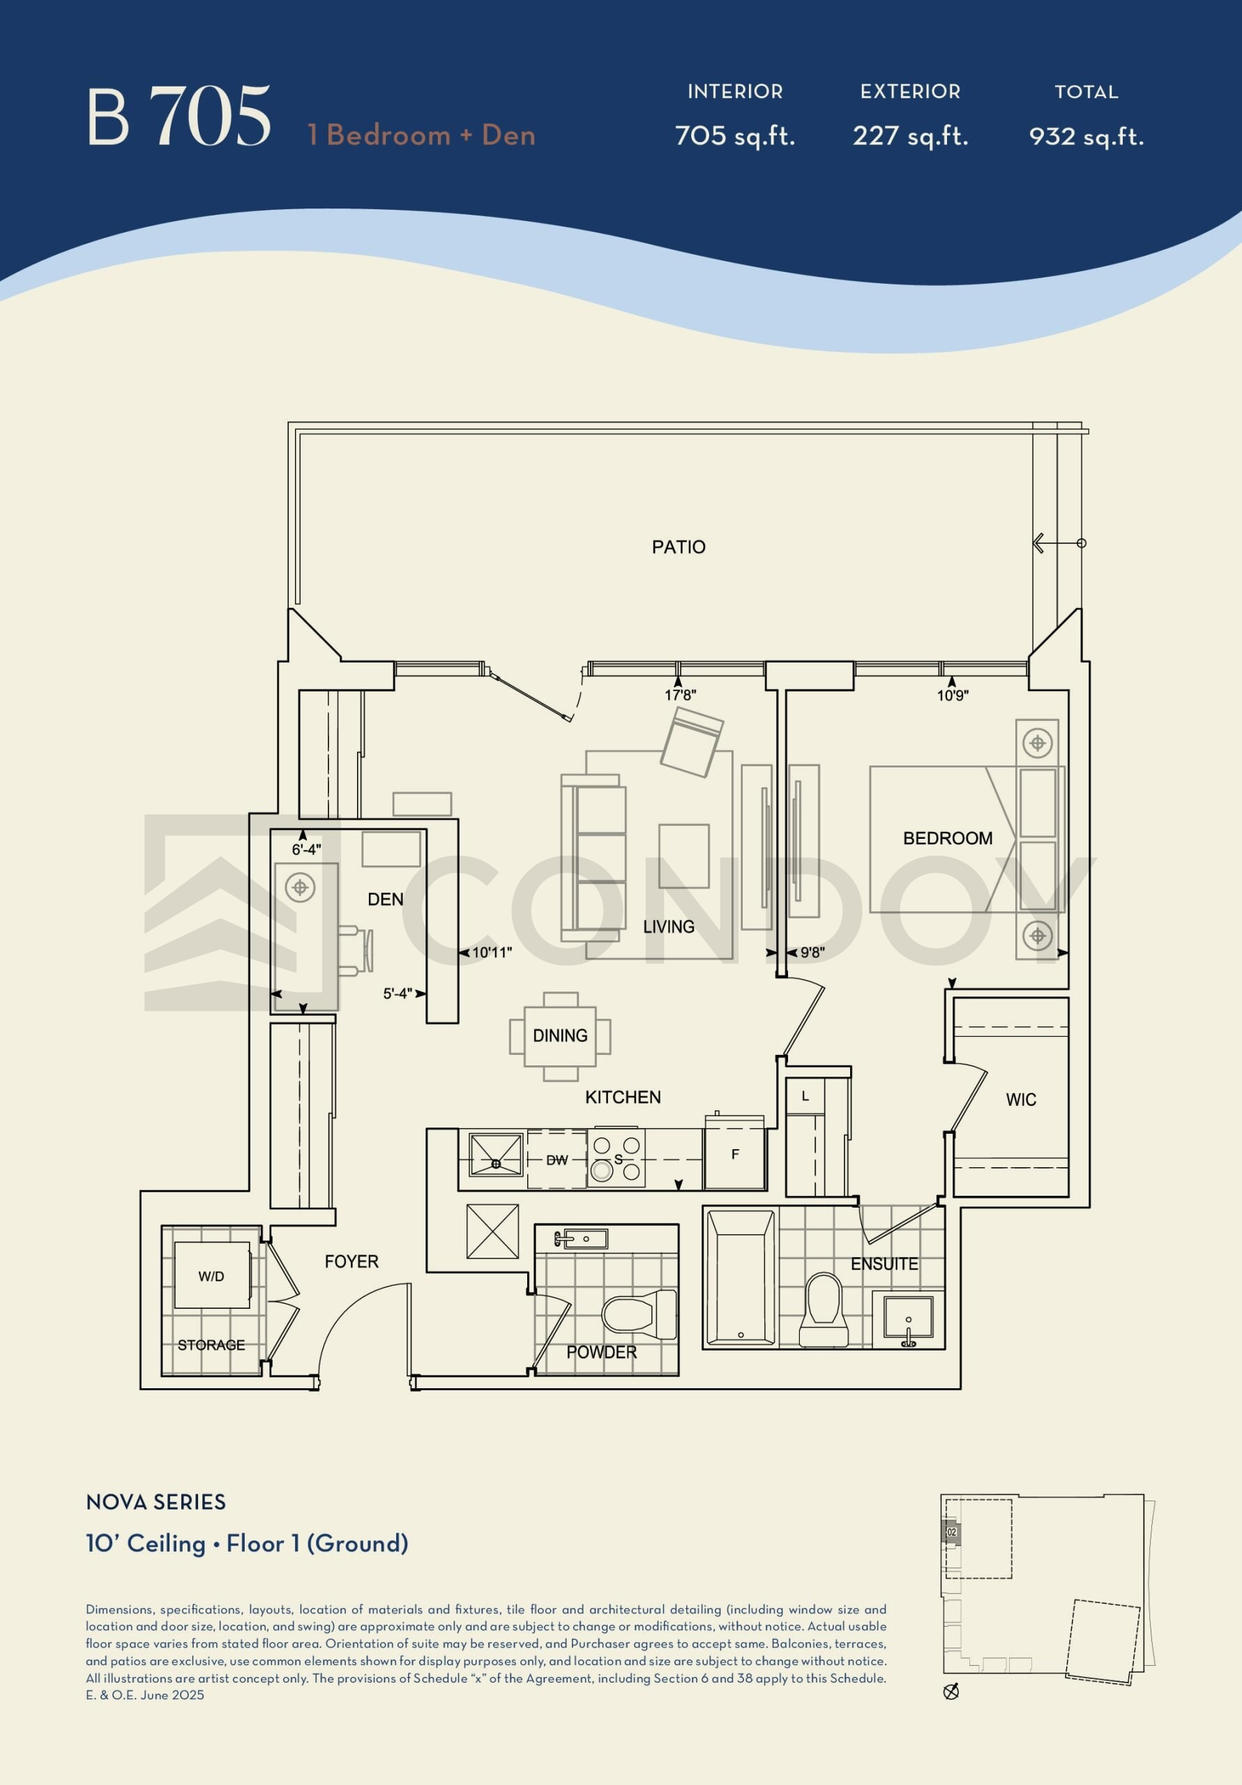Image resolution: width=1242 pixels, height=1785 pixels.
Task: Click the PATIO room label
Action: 678,547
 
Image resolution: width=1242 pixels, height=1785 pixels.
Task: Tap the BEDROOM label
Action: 947,838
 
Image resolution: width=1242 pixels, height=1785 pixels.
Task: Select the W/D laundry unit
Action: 212,1275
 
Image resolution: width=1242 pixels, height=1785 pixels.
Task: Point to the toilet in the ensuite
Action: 824,1310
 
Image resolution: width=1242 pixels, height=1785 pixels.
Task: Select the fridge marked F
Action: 735,1155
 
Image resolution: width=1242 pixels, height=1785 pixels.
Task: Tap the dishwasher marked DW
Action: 556,1159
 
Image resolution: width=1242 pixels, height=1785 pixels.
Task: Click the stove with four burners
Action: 616,1158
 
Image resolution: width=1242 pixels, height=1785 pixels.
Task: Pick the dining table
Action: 560,1036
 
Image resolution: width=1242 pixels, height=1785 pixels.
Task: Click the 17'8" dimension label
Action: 680,695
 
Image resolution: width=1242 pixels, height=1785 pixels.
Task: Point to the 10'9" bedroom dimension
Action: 952,695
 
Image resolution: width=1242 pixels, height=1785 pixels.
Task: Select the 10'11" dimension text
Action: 492,952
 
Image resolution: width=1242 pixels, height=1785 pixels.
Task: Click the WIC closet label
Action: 1020,1100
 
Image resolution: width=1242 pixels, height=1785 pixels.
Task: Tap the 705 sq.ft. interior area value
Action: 735,136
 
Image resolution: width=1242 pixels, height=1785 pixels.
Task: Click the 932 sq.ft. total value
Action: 1086,136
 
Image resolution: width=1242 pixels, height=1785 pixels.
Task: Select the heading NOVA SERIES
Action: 156,1501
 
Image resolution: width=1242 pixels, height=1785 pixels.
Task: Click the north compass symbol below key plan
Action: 951,1692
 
